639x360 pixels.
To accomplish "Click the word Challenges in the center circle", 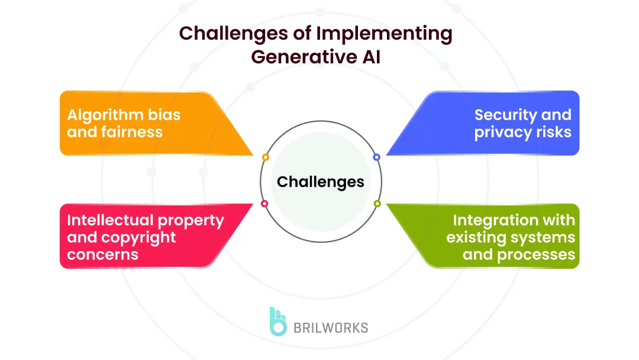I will click(x=320, y=182).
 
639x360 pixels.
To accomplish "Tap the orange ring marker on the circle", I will click(x=266, y=157).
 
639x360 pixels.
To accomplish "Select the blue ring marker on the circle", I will click(x=376, y=157).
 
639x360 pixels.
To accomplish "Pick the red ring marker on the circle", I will click(x=264, y=204).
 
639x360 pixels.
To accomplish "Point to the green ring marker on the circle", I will click(x=377, y=204).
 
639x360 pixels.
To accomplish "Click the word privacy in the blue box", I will click(x=504, y=132).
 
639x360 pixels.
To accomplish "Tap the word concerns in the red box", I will click(x=102, y=255).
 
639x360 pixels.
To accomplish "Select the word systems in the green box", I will click(x=545, y=238).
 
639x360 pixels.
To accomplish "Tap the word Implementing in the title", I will click(x=384, y=34).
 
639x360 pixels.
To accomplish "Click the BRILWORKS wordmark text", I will click(x=331, y=327).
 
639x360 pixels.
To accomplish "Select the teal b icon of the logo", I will click(x=277, y=322).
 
